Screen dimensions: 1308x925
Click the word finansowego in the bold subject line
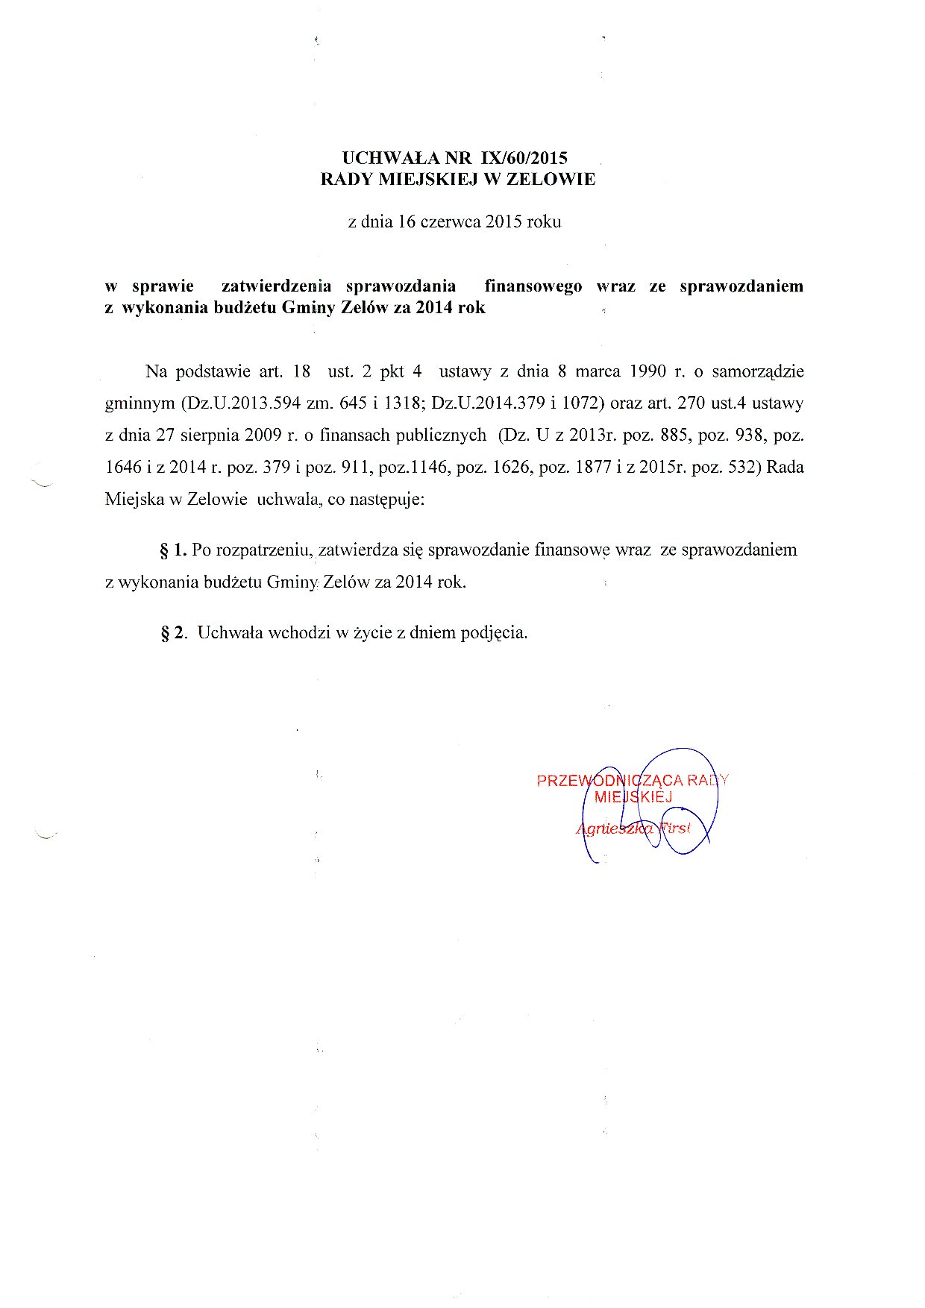[533, 286]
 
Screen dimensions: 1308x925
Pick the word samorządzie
[758, 371]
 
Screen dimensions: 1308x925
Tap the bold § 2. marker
[175, 633]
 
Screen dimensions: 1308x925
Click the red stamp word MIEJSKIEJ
[633, 796]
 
